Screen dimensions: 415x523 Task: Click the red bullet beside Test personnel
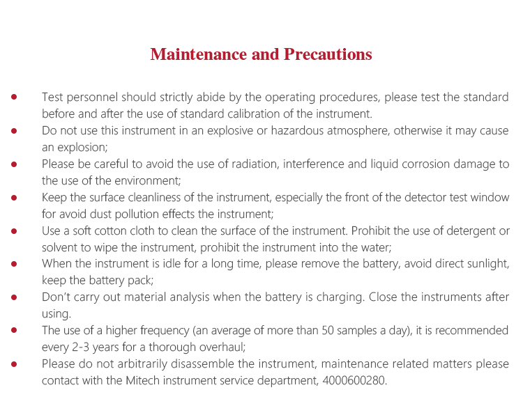(x=14, y=97)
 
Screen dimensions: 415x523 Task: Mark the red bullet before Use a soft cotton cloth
(x=14, y=230)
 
